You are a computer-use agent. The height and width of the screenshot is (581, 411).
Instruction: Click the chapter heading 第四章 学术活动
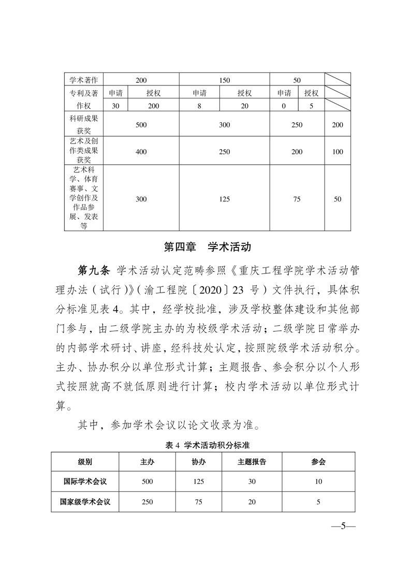207,246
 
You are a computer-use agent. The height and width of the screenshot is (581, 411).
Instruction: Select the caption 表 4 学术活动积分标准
205,445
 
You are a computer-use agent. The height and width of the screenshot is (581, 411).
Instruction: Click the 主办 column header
147,461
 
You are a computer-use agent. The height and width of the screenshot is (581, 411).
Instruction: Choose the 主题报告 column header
252,461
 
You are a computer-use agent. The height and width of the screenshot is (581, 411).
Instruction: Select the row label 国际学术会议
85,481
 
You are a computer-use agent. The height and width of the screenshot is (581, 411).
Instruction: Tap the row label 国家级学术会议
85,501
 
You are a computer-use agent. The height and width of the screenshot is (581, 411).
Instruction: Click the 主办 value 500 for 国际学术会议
147,481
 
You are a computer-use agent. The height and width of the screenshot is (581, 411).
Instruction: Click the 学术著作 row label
84,80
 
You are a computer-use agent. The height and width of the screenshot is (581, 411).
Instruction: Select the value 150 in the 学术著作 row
224,80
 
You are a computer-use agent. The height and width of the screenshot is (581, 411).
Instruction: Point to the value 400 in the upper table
141,152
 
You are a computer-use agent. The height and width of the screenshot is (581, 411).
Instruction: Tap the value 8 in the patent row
199,106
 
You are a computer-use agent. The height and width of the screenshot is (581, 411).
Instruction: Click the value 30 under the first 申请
115,106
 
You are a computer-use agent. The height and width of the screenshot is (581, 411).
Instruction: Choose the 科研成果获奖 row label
84,125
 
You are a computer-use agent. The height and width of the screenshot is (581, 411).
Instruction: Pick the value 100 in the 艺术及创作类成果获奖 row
337,152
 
